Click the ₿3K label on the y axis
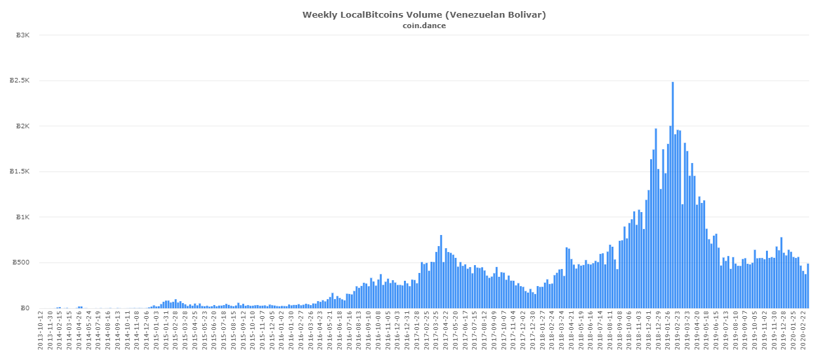pyautogui.click(x=24, y=35)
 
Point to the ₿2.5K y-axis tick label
pyautogui.click(x=21, y=81)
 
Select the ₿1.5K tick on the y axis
pyautogui.click(x=21, y=171)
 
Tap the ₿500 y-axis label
pyautogui.click(x=22, y=262)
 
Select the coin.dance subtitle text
pyautogui.click(x=424, y=26)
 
